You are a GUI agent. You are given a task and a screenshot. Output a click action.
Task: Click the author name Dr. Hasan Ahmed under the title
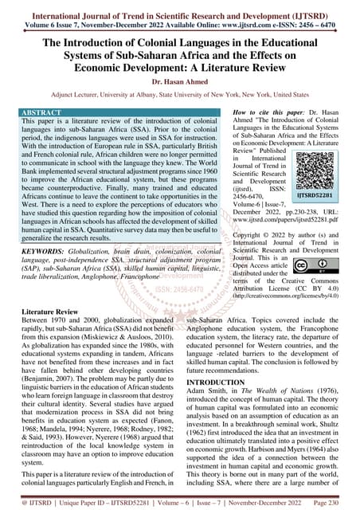point(180,80)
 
